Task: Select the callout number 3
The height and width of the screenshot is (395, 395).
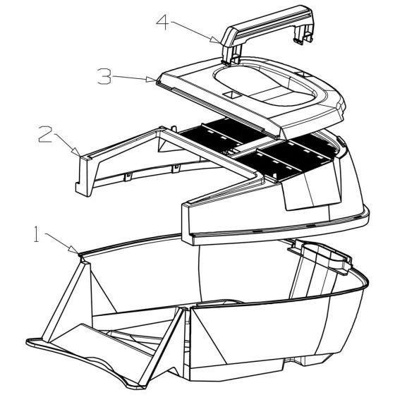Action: click(x=104, y=75)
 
